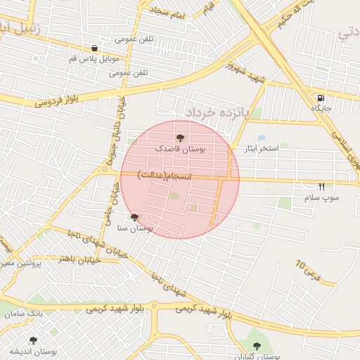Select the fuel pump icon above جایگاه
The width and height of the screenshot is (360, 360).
pyautogui.click(x=321, y=97)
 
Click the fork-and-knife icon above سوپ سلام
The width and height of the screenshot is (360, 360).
pyautogui.click(x=322, y=186)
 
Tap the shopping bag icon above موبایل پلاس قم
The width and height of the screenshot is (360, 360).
pyautogui.click(x=94, y=49)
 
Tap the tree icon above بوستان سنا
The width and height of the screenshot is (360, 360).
pyautogui.click(x=134, y=217)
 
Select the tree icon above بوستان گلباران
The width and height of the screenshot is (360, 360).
pyautogui.click(x=256, y=345)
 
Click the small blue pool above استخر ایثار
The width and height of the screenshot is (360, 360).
pyautogui.click(x=262, y=138)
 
